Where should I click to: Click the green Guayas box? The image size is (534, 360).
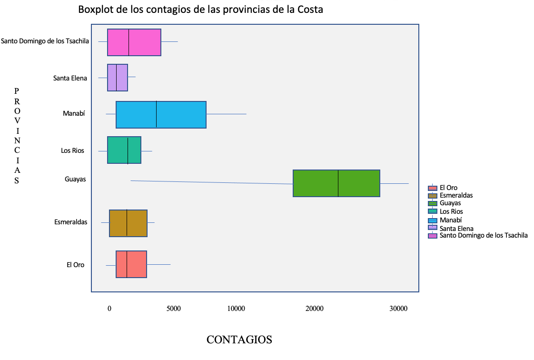pos(336,183)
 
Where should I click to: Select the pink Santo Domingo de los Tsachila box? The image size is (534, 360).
pos(134,42)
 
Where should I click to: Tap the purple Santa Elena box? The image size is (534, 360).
pos(118,77)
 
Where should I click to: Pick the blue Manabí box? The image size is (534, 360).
pos(161,114)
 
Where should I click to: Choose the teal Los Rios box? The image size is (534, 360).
pos(124,150)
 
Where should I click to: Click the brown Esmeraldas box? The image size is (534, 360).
pos(128,223)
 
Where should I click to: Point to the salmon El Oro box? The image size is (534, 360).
pos(131,264)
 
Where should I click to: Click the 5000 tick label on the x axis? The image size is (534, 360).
pos(173,308)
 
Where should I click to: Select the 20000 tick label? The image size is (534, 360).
pos(314,308)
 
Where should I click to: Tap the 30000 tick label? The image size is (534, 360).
pos(398,308)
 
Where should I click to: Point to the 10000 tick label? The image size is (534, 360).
pos(236,308)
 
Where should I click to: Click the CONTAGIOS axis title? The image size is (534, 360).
pos(239,340)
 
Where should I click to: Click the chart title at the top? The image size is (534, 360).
pos(200,10)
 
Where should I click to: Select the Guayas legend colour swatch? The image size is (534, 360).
pos(433,203)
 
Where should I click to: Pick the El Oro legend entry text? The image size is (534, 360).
pos(448,188)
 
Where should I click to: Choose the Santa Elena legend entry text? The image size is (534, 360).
pos(456,228)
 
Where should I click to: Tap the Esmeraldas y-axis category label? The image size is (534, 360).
pos(71,222)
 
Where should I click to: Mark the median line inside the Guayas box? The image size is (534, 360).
pos(338,183)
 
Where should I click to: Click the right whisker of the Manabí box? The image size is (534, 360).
pos(226,114)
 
